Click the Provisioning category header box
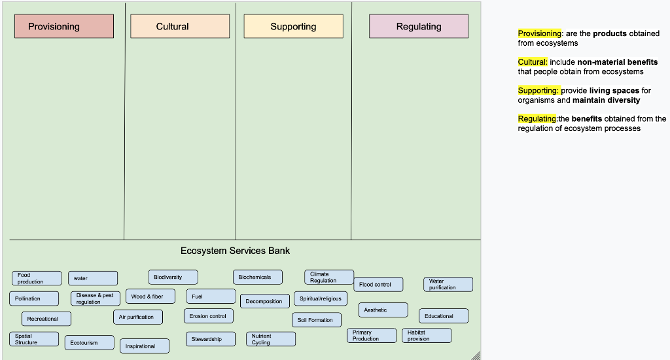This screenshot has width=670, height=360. point(64,26)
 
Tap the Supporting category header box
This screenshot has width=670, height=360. point(293,26)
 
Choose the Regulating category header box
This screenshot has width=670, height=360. point(419,26)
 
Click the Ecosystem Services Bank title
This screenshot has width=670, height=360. point(235,251)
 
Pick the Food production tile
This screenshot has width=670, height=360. point(37,278)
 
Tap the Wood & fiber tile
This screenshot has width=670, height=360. point(150,297)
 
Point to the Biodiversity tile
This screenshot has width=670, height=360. point(173,277)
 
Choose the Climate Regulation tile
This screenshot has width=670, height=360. point(328,277)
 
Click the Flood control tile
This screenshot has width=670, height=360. point(379,284)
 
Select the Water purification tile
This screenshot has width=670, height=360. point(448,284)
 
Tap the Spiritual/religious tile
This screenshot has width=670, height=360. point(321,298)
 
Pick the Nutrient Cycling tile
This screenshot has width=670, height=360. point(271,339)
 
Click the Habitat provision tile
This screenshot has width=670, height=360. point(426,335)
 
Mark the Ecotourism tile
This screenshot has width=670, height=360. point(90,342)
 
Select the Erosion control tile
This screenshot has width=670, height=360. point(208,316)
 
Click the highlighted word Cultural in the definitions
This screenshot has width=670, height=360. point(533,62)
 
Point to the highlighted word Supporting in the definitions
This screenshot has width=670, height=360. point(538,90)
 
